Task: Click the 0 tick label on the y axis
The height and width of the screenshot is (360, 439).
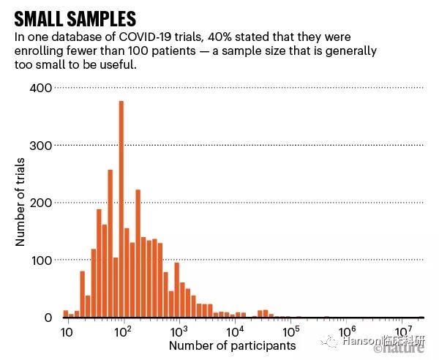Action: pos(47,318)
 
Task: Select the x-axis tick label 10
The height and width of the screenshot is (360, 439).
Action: pos(66,332)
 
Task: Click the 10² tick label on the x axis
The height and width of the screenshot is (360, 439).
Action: pos(122,331)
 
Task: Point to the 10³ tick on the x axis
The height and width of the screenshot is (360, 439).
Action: pos(179,331)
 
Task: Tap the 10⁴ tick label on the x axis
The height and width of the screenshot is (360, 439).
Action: pos(235,331)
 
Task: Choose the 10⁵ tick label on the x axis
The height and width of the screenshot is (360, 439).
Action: pos(291,331)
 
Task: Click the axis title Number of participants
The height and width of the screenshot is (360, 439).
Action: pos(233,345)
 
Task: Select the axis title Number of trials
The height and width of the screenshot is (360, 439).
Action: pos(21,203)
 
